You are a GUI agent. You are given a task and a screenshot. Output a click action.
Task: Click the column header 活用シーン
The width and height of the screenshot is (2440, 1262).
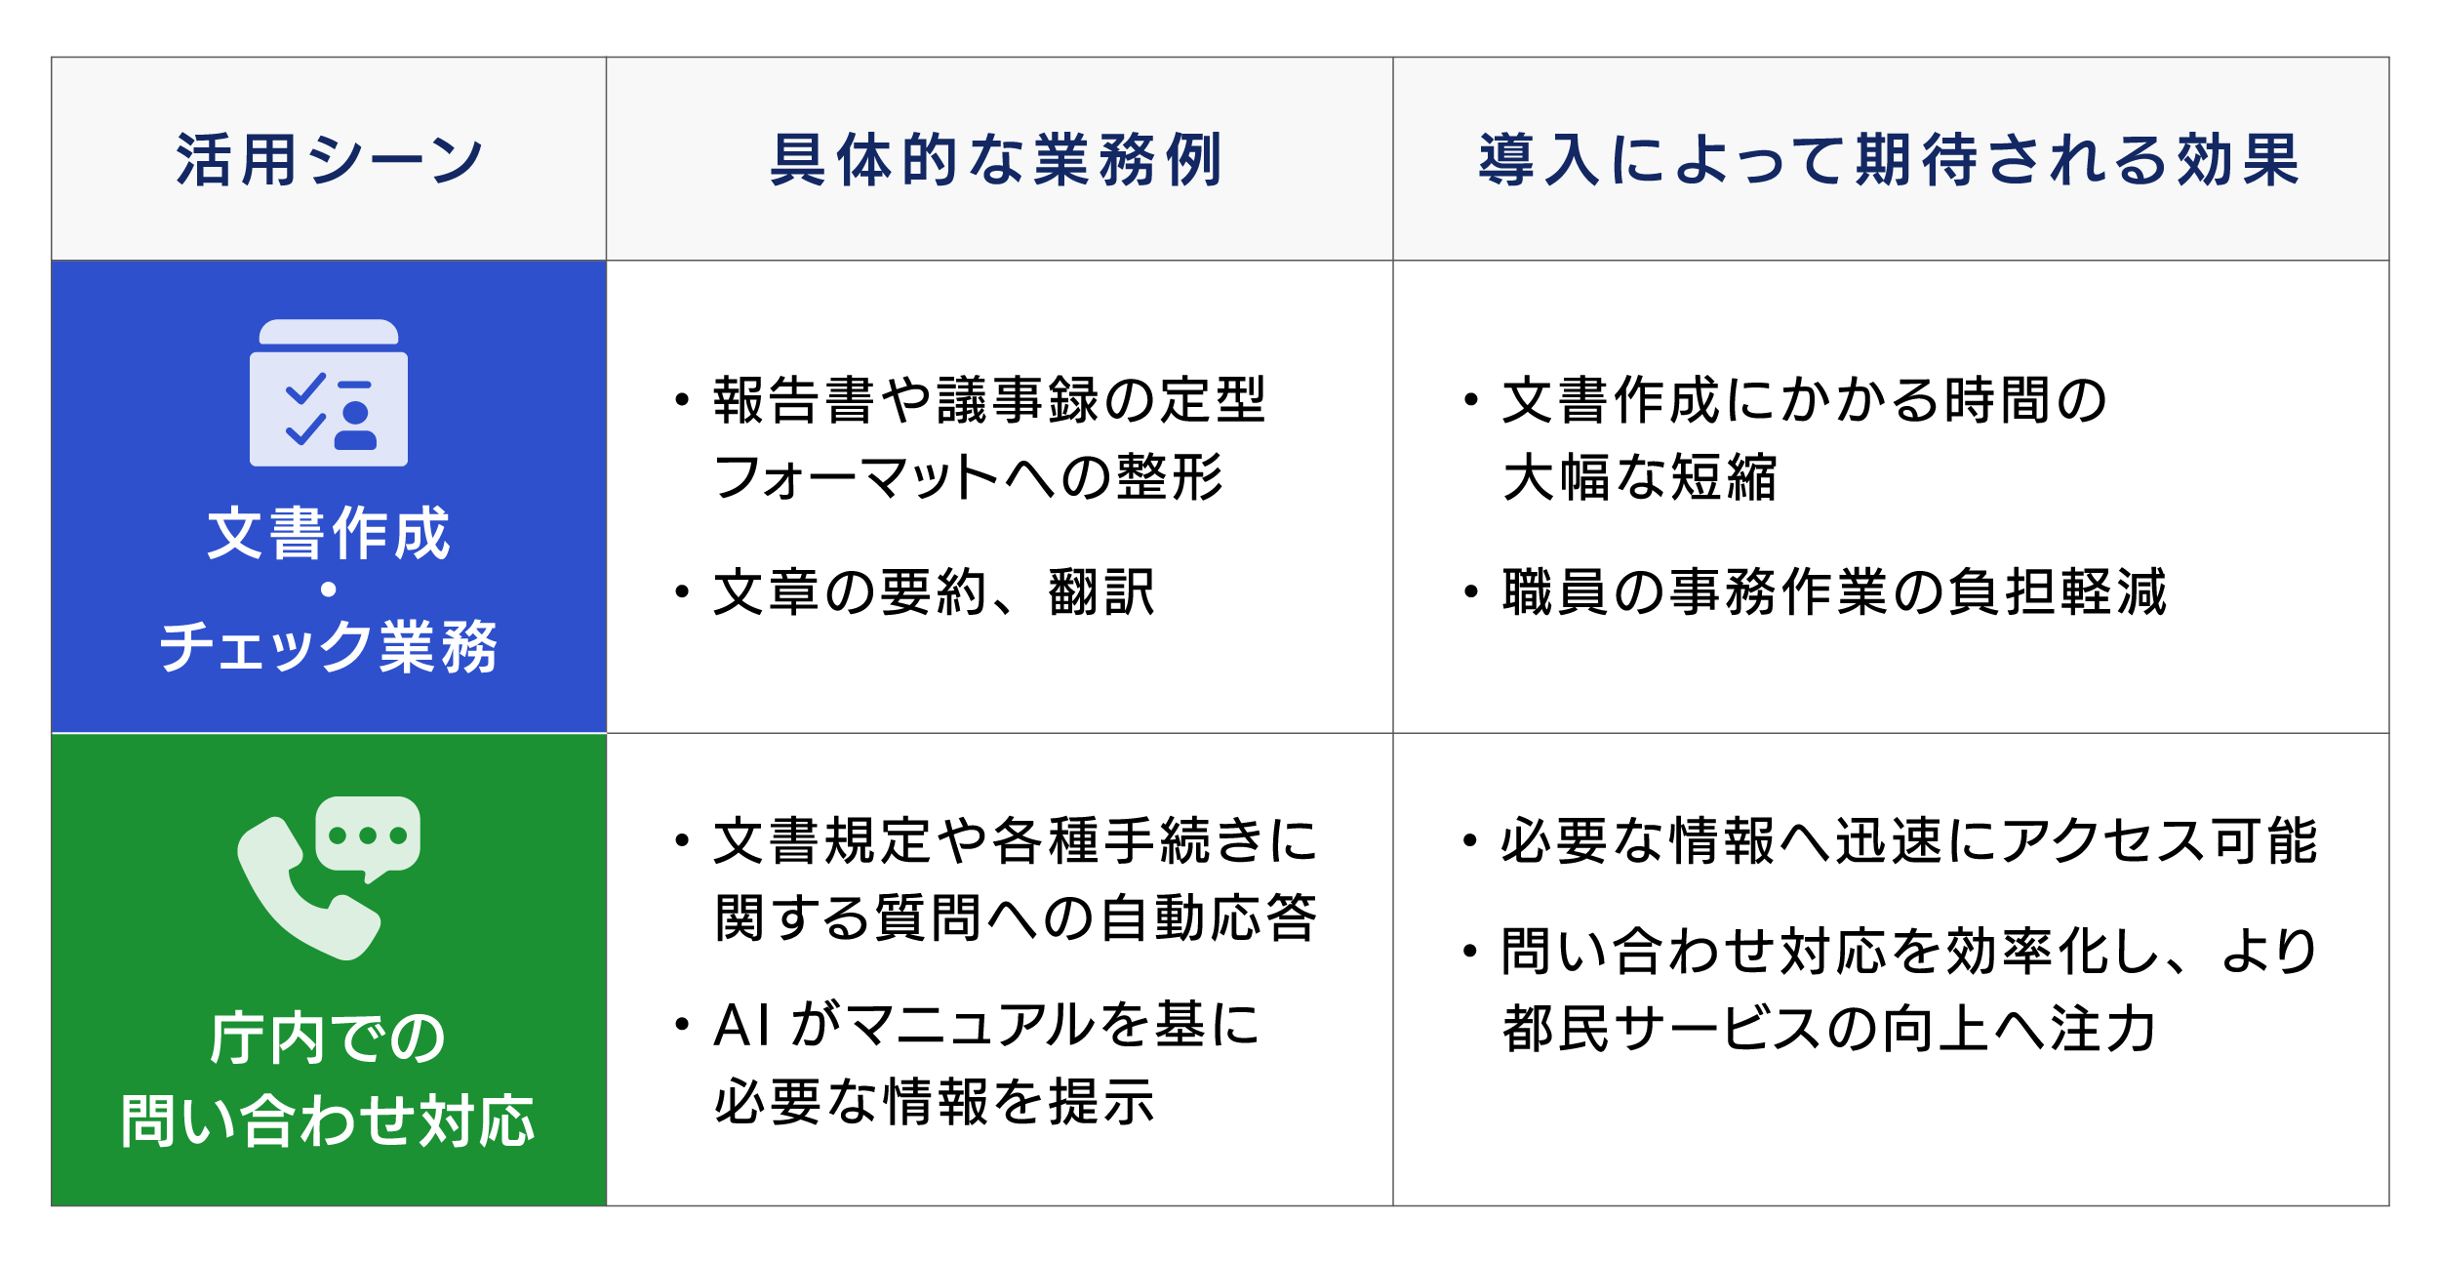coord(330,159)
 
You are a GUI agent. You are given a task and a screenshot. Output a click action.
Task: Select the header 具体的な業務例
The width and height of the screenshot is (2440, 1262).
coord(997,159)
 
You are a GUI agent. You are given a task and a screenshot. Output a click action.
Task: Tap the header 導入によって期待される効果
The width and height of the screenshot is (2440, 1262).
coord(1890,159)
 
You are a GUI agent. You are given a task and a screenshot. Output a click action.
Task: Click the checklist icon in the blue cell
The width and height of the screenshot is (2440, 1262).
coord(329,392)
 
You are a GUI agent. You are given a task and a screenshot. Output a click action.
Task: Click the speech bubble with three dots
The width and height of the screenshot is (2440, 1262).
coord(368,837)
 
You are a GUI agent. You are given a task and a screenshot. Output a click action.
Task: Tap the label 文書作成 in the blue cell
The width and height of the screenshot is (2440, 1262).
coord(329,533)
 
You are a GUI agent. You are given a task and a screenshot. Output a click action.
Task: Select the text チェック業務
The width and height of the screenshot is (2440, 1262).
coord(329,646)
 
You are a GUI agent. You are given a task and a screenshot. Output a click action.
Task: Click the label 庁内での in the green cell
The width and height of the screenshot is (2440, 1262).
coord(329,1038)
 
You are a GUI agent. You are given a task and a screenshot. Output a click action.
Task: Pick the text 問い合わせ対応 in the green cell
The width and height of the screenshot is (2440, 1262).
coord(329,1120)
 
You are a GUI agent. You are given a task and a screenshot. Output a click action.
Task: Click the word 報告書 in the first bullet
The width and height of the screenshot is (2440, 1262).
coord(794,400)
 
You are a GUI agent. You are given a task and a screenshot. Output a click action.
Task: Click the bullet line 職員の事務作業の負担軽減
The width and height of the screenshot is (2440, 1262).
coord(1834,592)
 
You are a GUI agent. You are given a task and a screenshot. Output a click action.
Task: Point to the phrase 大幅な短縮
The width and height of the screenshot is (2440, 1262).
coord(1640,477)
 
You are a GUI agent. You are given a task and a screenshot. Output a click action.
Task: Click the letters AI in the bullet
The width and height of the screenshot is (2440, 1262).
coord(742,1026)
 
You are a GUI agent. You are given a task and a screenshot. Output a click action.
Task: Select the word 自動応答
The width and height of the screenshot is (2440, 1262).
coord(1208,917)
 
